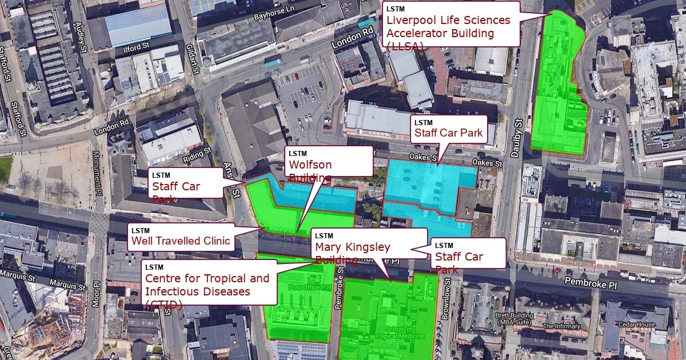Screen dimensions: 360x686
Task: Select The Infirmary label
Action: coord(561,326)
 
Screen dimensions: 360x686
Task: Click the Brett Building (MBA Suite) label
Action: coord(515,319)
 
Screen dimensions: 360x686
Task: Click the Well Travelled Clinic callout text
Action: coord(181,241)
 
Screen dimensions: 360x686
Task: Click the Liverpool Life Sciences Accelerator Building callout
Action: coord(451,23)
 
